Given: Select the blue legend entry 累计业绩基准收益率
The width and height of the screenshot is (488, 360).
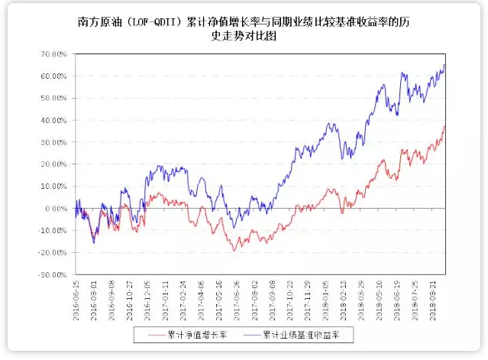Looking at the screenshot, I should pyautogui.click(x=305, y=334).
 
